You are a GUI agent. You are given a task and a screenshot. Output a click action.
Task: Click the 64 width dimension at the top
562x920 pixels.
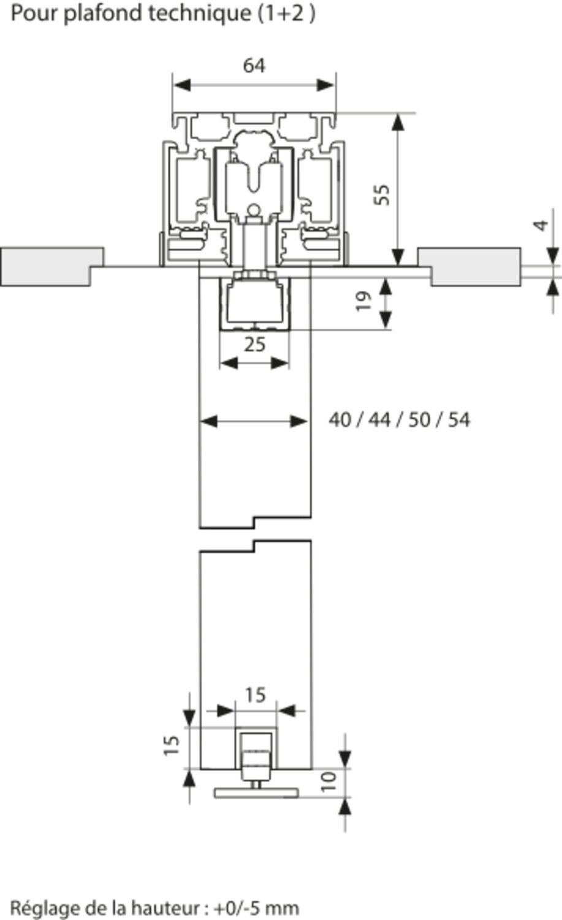[x=254, y=65]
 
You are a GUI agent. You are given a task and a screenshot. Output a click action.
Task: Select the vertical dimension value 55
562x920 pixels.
[x=382, y=194]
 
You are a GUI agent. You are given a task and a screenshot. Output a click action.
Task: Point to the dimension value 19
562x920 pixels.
[x=364, y=301]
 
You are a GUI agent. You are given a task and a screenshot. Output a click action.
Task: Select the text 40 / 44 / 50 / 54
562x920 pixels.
[x=399, y=420]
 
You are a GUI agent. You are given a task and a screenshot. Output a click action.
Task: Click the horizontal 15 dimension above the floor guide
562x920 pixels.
[x=255, y=695]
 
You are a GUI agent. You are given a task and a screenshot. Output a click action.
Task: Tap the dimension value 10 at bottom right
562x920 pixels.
[x=329, y=780]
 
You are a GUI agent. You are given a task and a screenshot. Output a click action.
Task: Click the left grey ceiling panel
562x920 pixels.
[x=49, y=266]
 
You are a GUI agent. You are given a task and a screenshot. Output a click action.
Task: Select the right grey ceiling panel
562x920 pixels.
[x=472, y=266]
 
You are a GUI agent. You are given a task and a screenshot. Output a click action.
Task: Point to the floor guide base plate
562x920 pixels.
[x=257, y=792]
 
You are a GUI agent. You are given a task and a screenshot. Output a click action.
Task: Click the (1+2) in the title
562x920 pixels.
[x=286, y=13]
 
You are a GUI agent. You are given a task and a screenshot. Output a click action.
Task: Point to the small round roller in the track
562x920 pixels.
[x=254, y=210]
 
